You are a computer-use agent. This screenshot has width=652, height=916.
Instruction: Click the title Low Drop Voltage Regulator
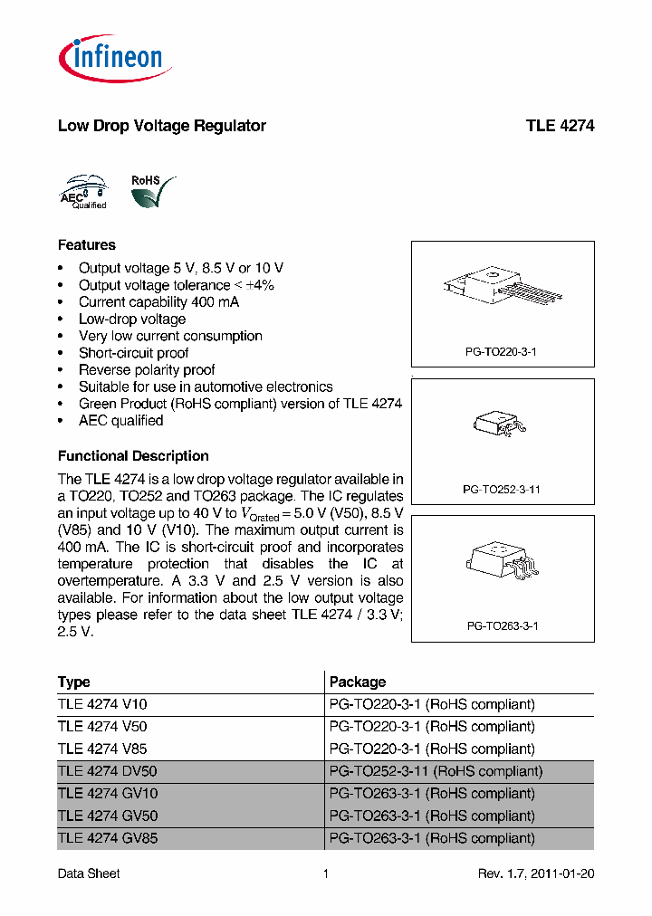click(x=161, y=126)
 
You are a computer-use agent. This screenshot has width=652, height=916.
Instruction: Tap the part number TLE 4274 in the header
click(x=560, y=126)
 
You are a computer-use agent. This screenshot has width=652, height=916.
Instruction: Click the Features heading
click(x=87, y=245)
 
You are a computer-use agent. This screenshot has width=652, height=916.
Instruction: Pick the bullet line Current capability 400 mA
click(x=158, y=302)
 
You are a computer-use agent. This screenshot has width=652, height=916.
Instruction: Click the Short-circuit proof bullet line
click(x=133, y=353)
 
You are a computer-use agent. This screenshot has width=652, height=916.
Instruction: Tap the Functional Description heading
click(x=133, y=456)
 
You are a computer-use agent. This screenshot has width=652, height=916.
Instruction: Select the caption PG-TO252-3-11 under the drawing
click(x=502, y=489)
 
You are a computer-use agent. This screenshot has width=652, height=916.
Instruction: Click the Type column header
click(x=74, y=682)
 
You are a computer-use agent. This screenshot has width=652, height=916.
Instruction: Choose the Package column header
click(x=357, y=682)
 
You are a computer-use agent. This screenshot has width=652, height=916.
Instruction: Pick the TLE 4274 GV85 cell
click(x=107, y=838)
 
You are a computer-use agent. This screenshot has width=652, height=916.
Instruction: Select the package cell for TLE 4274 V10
click(x=432, y=704)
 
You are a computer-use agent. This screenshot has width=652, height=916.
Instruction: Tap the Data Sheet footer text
click(x=89, y=873)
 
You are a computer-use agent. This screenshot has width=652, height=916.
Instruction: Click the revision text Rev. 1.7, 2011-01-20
click(x=536, y=873)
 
